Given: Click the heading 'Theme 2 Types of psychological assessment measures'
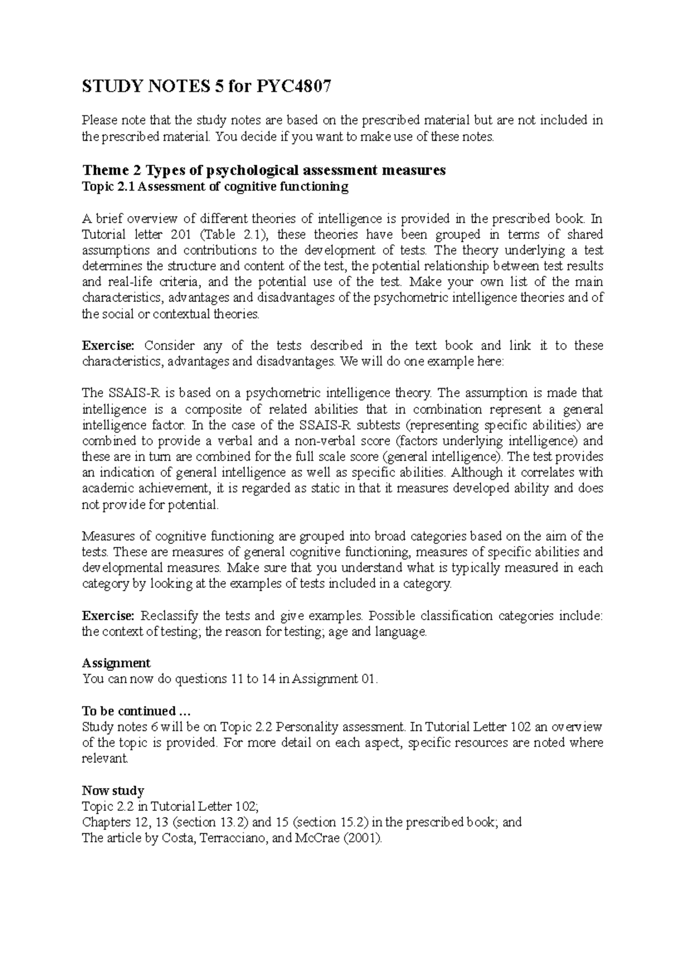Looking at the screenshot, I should pos(264,170).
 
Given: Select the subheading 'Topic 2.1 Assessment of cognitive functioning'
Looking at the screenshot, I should pos(215,187).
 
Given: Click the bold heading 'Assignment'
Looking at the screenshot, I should pos(116,663).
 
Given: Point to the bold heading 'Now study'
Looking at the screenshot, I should pos(113,791).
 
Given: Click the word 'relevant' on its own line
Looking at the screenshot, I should pos(105,759).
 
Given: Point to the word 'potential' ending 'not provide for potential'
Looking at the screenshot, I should pos(193,505).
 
